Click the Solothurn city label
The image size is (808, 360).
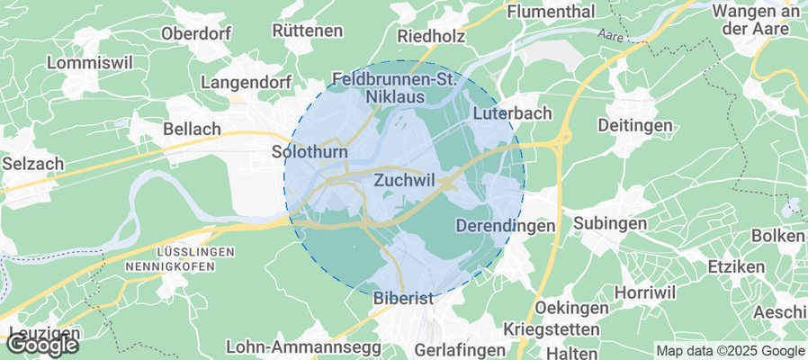tap(310, 153)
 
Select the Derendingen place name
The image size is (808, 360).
tap(506, 226)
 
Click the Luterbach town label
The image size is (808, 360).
tap(512, 114)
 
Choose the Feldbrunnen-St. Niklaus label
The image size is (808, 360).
tap(396, 87)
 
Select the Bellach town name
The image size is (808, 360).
tap(192, 130)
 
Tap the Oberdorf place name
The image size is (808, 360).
tap(196, 33)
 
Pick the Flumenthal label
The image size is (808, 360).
tap(552, 12)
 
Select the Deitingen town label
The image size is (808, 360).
tap(637, 124)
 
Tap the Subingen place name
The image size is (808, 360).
tap(610, 222)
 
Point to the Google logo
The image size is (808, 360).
tap(42, 344)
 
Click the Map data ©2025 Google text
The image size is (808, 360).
tap(731, 351)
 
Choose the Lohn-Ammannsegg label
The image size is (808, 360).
tap(285, 346)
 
